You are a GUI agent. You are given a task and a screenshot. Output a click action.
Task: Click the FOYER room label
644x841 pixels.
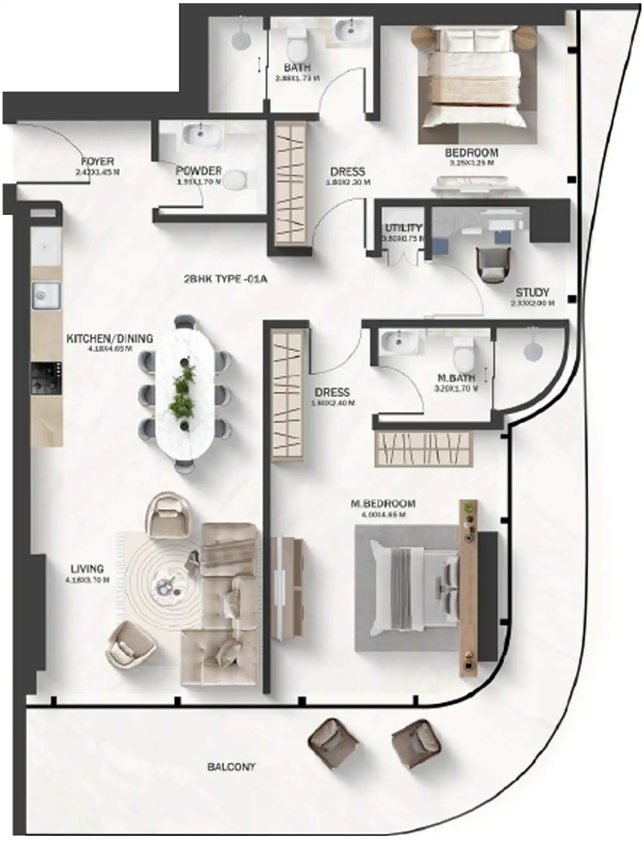97,162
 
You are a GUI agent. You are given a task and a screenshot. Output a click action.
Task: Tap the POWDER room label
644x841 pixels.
198,171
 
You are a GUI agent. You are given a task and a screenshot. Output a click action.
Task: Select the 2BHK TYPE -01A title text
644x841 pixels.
225,279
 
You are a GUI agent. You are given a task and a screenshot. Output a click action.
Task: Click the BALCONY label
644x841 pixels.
231,767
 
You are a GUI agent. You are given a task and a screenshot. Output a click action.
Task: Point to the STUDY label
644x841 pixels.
532,292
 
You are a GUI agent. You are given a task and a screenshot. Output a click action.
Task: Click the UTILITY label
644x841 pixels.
403,228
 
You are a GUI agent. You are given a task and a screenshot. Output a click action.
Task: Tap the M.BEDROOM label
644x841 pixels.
383,503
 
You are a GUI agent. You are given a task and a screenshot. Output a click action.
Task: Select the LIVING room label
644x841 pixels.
87,569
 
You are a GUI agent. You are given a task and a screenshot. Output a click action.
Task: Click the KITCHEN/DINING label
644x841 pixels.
109,338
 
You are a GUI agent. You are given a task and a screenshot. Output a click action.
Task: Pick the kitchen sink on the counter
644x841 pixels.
46,295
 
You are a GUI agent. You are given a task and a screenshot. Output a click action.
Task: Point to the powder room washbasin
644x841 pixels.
200,133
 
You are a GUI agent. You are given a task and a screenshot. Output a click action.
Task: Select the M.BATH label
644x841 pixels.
456,378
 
